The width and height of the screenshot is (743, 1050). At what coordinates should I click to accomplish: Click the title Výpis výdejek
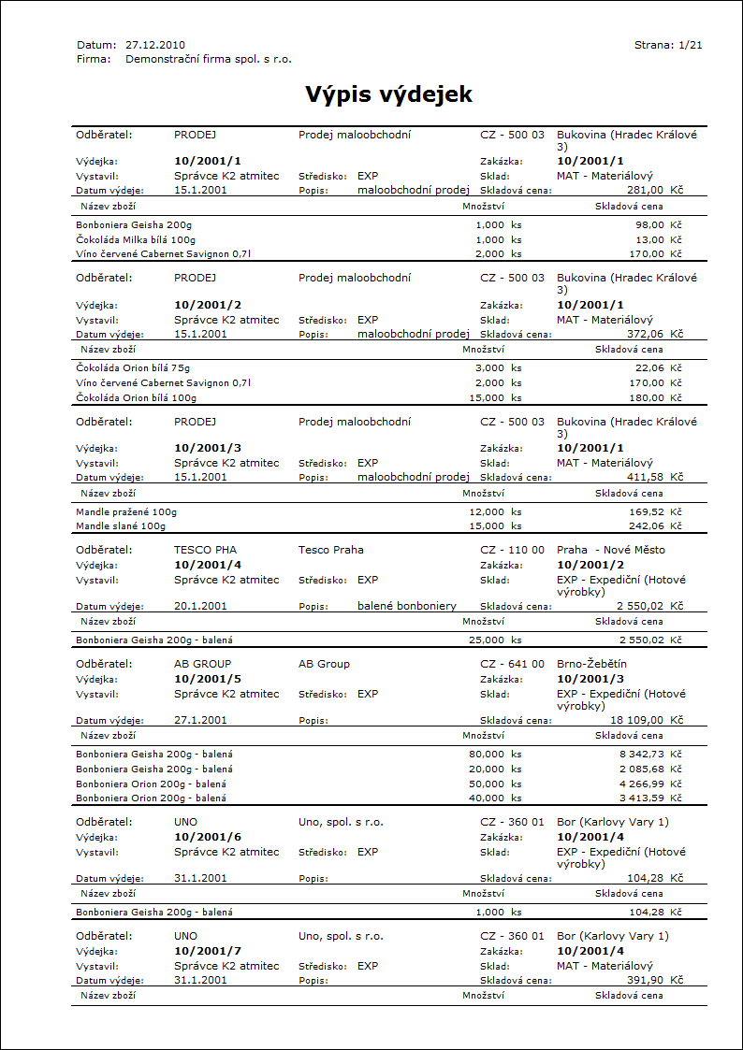(388, 94)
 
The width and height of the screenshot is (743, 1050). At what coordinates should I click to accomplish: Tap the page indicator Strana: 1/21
(668, 44)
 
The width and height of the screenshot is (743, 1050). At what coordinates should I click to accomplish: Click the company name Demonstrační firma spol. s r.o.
(209, 59)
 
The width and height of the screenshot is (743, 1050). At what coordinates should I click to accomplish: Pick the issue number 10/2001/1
(208, 161)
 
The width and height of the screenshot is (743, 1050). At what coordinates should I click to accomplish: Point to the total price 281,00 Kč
(654, 190)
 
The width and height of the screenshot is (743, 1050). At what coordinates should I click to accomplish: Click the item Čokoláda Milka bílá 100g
(136, 239)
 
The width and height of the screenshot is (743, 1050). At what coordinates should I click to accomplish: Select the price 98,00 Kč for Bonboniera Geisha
(657, 225)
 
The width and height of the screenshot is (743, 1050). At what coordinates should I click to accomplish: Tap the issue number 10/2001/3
(208, 448)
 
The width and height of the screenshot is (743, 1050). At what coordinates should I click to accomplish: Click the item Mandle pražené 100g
(126, 512)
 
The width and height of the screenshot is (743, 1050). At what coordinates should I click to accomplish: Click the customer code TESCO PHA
(206, 550)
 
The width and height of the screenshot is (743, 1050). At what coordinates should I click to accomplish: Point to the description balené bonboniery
(408, 606)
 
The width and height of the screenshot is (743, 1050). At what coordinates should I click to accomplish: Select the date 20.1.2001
(200, 606)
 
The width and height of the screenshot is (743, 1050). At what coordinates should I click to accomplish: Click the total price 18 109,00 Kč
(646, 721)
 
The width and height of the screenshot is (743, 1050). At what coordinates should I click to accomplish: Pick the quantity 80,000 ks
(495, 754)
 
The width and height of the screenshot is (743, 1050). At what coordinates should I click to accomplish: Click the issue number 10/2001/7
(208, 951)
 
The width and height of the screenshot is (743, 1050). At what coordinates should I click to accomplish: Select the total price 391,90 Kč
(654, 980)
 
